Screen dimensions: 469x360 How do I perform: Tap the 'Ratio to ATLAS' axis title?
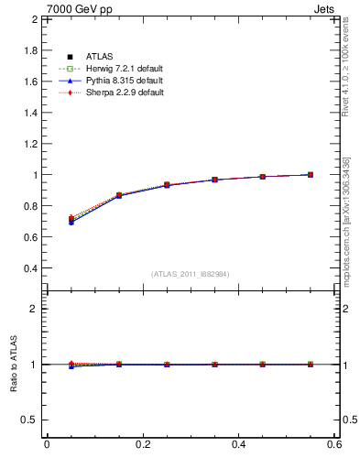pyautogui.click(x=14, y=364)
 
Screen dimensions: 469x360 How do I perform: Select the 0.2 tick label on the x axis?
pyautogui.click(x=143, y=444)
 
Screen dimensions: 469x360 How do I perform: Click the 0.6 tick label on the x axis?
pyautogui.click(x=334, y=444)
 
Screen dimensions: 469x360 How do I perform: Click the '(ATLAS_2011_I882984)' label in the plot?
pyautogui.click(x=190, y=274)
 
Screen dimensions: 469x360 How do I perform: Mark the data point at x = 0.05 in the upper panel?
pyautogui.click(x=71, y=220)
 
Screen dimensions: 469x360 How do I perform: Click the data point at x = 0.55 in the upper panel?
pyautogui.click(x=311, y=174)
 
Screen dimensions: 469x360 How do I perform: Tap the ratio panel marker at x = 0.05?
pyautogui.click(x=71, y=365)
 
